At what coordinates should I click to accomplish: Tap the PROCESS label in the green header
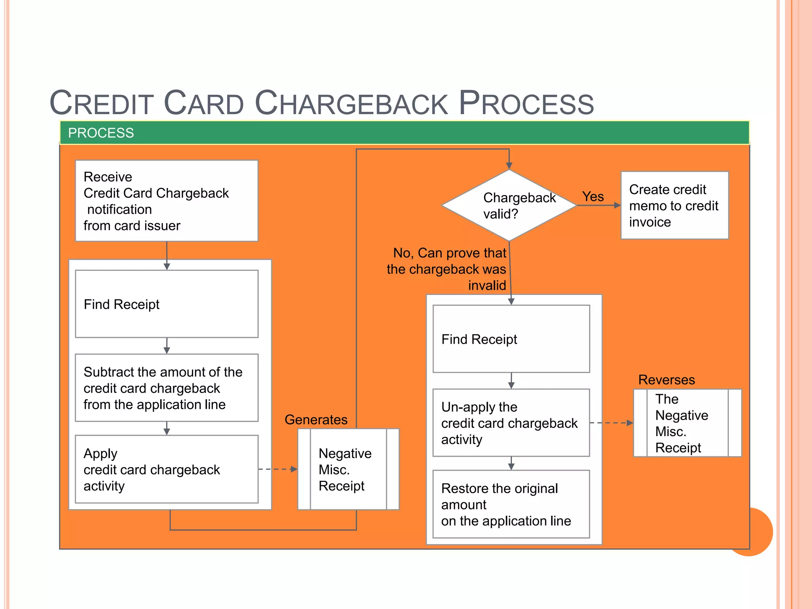click(101, 133)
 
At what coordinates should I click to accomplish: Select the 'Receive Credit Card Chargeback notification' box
click(167, 201)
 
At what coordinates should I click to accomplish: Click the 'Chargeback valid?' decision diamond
click(509, 205)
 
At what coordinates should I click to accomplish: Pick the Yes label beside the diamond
click(593, 197)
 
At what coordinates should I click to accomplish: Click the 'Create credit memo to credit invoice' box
click(674, 205)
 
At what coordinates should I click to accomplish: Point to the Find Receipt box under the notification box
click(167, 304)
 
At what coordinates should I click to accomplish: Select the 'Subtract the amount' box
click(167, 388)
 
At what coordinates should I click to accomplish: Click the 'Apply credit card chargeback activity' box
click(167, 469)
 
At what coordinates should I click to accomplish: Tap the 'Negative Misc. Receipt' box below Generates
click(348, 469)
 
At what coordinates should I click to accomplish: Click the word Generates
click(316, 419)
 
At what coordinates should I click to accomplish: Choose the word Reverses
click(666, 380)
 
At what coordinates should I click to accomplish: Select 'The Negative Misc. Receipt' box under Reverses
click(687, 423)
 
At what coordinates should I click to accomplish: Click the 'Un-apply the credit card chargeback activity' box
click(511, 423)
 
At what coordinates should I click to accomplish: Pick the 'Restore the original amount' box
click(511, 504)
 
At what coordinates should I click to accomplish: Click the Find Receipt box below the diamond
click(511, 339)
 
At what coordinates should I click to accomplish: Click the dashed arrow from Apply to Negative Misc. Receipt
click(278, 469)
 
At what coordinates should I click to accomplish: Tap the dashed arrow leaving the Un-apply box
click(611, 423)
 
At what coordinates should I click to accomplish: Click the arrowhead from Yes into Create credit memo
click(617, 205)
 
